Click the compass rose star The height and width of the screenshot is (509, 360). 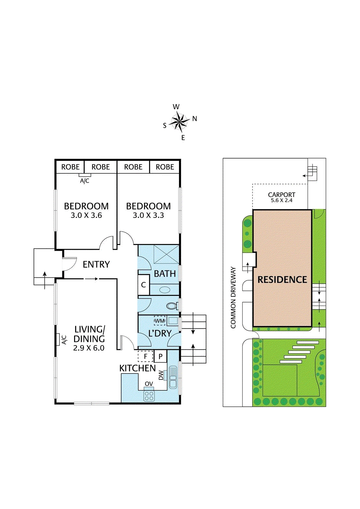(179, 122)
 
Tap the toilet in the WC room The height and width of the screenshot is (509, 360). (172, 306)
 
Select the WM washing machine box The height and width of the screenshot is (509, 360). (160, 320)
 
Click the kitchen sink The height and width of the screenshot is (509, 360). (173, 377)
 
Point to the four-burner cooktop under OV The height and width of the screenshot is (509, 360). (149, 396)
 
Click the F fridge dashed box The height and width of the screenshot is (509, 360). (145, 356)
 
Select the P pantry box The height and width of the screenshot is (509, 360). (161, 356)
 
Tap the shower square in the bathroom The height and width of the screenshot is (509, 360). (166, 254)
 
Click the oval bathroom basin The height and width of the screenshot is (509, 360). (165, 290)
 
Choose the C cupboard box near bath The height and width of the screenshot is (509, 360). (143, 285)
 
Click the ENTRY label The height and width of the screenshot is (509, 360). (96, 264)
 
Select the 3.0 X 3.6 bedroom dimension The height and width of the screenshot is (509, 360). (86, 215)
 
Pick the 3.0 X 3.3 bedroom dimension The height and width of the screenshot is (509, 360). (148, 215)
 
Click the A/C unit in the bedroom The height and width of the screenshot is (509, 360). (85, 175)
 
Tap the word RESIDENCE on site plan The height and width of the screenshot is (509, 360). (282, 280)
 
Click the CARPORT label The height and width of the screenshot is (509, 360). (281, 194)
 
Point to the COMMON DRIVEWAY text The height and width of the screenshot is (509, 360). (233, 297)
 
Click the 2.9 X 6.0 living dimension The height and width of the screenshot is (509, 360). (89, 348)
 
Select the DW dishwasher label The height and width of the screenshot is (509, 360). (161, 375)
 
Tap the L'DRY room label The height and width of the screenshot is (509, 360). (160, 333)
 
